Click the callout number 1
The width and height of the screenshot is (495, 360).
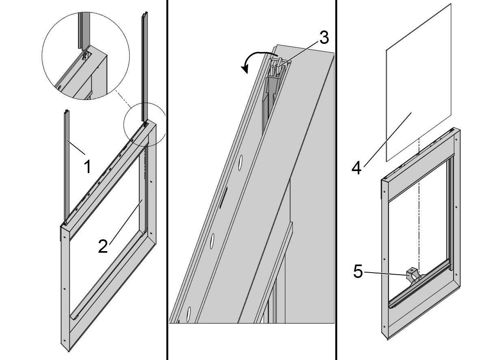[87, 167]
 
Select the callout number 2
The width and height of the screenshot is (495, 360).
[103, 246]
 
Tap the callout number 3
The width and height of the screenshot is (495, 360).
[323, 37]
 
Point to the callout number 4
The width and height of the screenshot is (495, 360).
[356, 167]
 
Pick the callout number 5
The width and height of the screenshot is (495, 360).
[358, 271]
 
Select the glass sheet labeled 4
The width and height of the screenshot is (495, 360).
[418, 81]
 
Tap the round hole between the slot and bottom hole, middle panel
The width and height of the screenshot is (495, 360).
[212, 242]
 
